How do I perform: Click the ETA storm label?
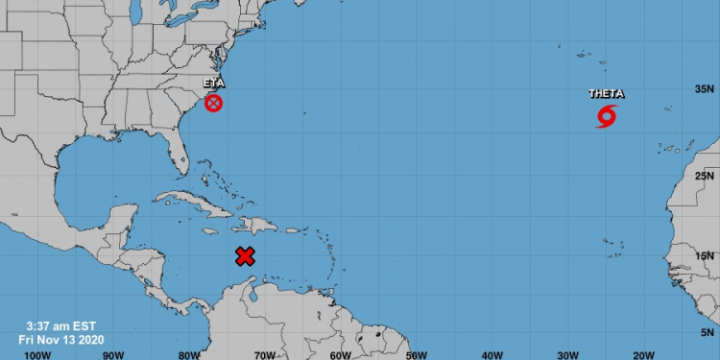point(213,84)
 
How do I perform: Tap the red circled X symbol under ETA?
point(213,103)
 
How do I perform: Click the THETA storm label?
point(607,94)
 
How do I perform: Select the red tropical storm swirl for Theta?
point(607,117)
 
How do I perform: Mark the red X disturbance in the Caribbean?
point(245,255)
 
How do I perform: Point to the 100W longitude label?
point(37,354)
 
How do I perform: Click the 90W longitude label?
point(113,354)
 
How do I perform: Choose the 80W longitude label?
point(189,354)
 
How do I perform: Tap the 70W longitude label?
point(265,354)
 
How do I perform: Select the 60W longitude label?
point(340,354)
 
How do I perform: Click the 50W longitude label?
point(416,354)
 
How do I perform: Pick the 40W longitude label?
point(492,354)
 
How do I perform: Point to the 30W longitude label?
point(567,354)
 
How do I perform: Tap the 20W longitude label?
point(643,354)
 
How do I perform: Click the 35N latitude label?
point(706,89)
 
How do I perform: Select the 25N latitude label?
point(706,176)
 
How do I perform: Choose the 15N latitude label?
point(706,255)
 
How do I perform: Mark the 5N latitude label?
point(708,331)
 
